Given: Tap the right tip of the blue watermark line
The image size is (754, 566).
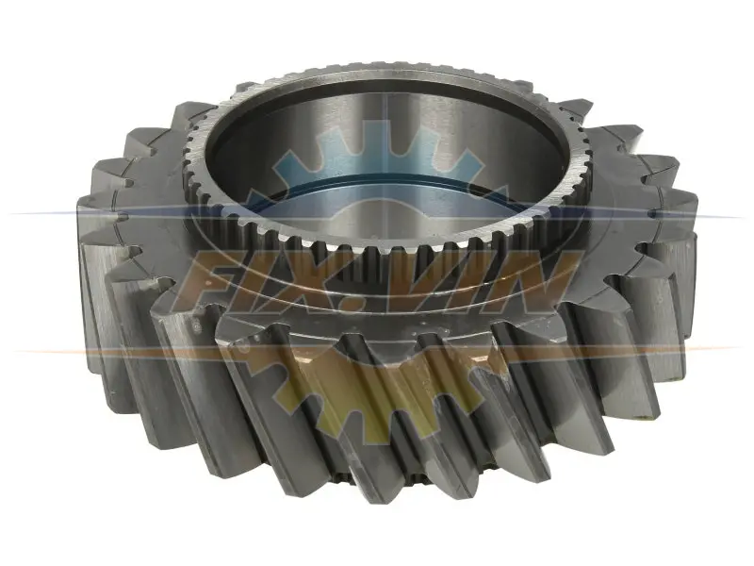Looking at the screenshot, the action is pos(744,218).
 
